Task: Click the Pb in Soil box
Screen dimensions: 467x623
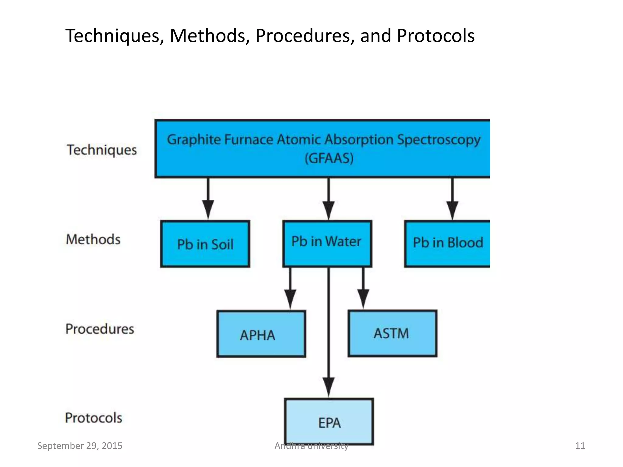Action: tap(205, 244)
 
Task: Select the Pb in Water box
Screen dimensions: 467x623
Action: tap(327, 244)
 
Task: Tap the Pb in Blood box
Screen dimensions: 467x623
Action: tap(447, 244)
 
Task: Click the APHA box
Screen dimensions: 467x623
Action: tap(261, 334)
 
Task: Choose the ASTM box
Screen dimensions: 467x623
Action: tap(392, 333)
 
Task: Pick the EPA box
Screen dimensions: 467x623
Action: tap(329, 422)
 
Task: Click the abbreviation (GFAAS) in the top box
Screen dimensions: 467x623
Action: tap(329, 158)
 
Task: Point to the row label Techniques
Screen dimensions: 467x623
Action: tap(102, 150)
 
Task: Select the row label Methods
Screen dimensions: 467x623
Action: tap(93, 239)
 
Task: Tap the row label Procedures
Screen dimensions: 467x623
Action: tap(100, 329)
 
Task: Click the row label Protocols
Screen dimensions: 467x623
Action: tap(94, 418)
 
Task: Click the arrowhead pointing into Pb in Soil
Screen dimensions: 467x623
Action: tap(208, 209)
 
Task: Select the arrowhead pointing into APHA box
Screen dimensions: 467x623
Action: tap(290, 299)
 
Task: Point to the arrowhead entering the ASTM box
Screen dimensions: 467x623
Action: tap(363, 299)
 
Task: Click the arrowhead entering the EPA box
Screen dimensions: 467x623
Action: tap(329, 387)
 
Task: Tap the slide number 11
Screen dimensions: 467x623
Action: tap(580, 446)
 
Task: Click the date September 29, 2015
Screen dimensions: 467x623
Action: tap(80, 446)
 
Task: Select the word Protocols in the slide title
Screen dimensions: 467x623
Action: tap(436, 36)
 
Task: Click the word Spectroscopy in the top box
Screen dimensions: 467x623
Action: tap(439, 140)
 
